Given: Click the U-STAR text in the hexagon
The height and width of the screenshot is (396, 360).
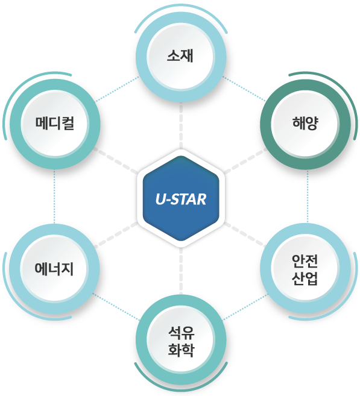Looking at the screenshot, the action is click(x=181, y=199).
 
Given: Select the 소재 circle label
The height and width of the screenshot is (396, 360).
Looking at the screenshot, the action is click(x=180, y=55).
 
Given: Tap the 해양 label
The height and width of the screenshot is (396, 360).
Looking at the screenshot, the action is click(x=305, y=123).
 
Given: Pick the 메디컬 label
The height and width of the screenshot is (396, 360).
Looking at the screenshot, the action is click(x=55, y=123).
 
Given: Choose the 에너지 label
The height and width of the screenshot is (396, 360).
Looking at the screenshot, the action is click(x=54, y=268).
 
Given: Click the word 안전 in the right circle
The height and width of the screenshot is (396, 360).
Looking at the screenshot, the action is click(x=305, y=261).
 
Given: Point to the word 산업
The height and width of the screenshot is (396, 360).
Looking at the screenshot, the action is click(x=305, y=278).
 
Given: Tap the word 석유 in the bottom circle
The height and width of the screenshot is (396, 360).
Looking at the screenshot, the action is click(x=182, y=333).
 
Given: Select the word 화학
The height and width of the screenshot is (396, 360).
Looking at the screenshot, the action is click(x=182, y=350).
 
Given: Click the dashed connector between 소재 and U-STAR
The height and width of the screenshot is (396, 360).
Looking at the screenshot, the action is click(x=181, y=126).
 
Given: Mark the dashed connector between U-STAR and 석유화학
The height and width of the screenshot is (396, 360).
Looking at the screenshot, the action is click(x=181, y=271).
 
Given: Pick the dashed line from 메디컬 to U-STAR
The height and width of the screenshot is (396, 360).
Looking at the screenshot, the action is click(x=115, y=160).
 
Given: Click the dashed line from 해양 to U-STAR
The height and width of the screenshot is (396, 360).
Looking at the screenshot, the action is click(x=246, y=160).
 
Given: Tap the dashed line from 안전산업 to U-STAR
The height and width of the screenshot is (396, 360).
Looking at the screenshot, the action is click(x=245, y=234).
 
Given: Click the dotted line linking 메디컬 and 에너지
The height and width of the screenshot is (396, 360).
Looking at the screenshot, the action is click(x=54, y=196).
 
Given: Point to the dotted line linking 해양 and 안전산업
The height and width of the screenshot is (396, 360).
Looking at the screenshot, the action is click(x=308, y=196).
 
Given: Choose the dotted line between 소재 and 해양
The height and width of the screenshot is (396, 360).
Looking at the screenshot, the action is click(x=244, y=89).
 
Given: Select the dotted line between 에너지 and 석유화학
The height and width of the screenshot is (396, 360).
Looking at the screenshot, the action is click(x=116, y=307).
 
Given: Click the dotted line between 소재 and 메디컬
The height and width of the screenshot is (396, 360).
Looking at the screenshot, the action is click(x=117, y=89).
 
